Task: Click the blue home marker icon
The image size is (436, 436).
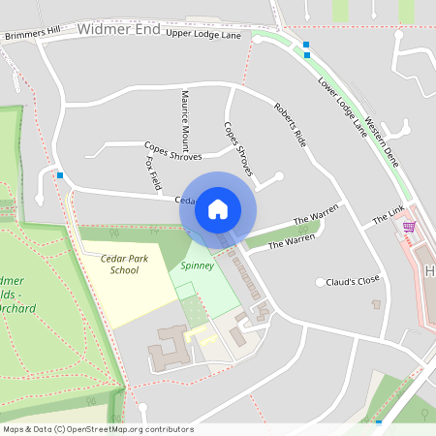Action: [x=218, y=207]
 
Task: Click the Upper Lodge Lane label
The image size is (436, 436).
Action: [x=203, y=35]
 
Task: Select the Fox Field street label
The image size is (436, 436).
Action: [x=153, y=171]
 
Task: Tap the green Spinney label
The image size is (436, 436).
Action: [x=197, y=264]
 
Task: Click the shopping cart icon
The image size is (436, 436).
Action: [x=409, y=227]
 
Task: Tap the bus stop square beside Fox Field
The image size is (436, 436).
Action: [x=61, y=175]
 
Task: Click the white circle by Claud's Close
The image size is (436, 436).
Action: [x=320, y=282]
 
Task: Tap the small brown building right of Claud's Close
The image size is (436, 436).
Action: [x=377, y=304]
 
